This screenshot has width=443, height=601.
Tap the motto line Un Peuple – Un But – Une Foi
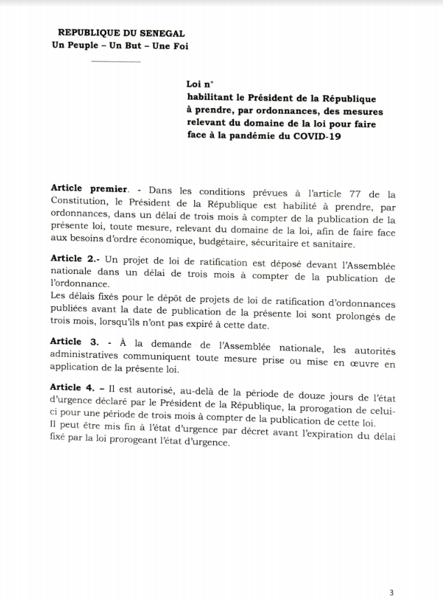pyautogui.click(x=120, y=46)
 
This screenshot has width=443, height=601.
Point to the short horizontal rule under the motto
pyautogui.click(x=115, y=62)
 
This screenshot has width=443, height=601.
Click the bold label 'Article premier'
pyautogui.click(x=89, y=189)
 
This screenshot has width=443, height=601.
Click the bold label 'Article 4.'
pyautogui.click(x=75, y=388)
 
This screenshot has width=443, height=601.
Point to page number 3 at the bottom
pyautogui.click(x=391, y=593)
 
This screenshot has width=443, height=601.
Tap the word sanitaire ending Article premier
pyautogui.click(x=333, y=244)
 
